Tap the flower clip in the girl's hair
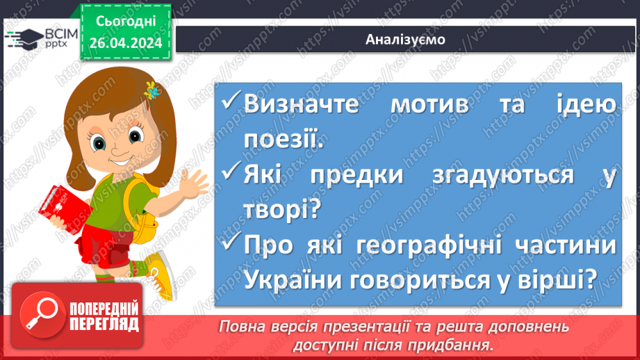151,90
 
